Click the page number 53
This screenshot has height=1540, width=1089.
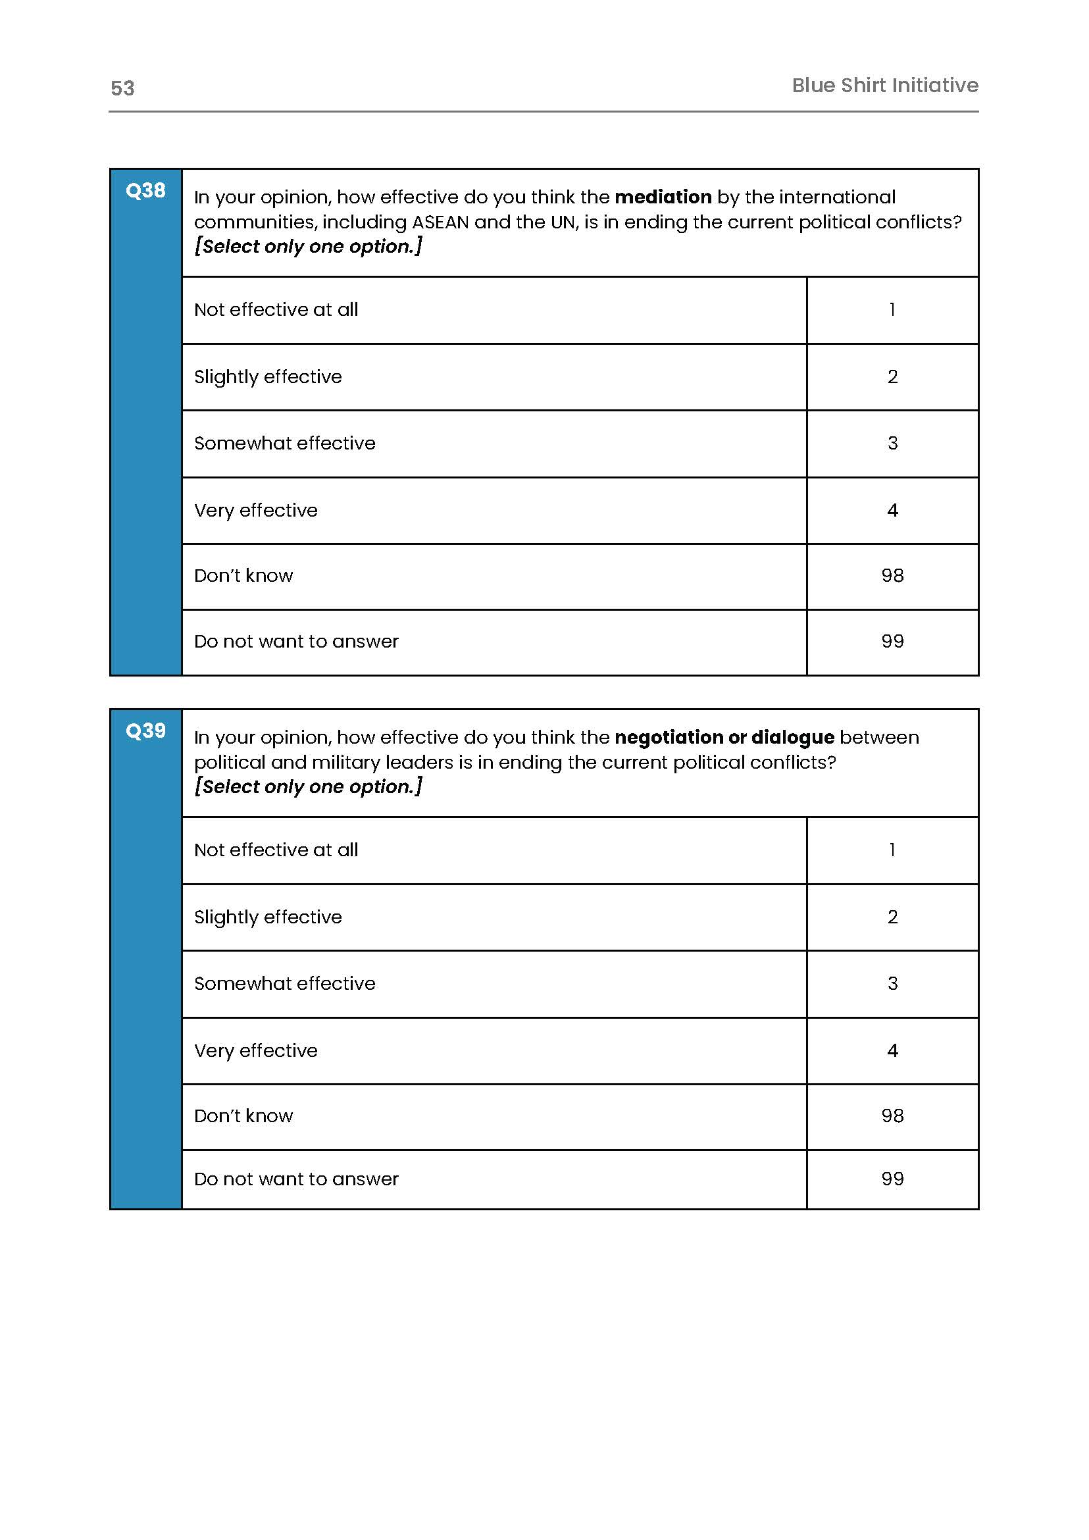point(122,88)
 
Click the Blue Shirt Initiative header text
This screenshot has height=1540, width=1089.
point(884,85)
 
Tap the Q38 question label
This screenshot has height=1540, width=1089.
point(145,190)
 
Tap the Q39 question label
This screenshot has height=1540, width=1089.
point(145,731)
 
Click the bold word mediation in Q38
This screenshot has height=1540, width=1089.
point(663,197)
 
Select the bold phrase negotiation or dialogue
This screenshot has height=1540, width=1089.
point(724,737)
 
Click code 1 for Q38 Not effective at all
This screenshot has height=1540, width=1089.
point(892,309)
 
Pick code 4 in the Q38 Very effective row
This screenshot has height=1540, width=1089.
point(892,511)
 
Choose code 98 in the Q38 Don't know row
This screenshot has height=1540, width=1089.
point(892,575)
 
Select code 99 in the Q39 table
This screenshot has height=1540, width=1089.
point(892,1179)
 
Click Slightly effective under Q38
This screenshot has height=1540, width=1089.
point(268,376)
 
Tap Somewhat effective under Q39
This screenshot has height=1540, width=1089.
point(284,983)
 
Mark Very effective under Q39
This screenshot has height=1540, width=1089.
point(255,1050)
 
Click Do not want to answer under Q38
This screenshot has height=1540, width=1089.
point(295,641)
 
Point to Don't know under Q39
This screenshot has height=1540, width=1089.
point(243,1116)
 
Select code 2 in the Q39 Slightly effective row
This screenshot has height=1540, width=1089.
point(892,917)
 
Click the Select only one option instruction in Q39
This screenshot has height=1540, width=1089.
point(308,786)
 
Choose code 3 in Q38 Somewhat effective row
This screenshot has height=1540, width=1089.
point(892,444)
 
